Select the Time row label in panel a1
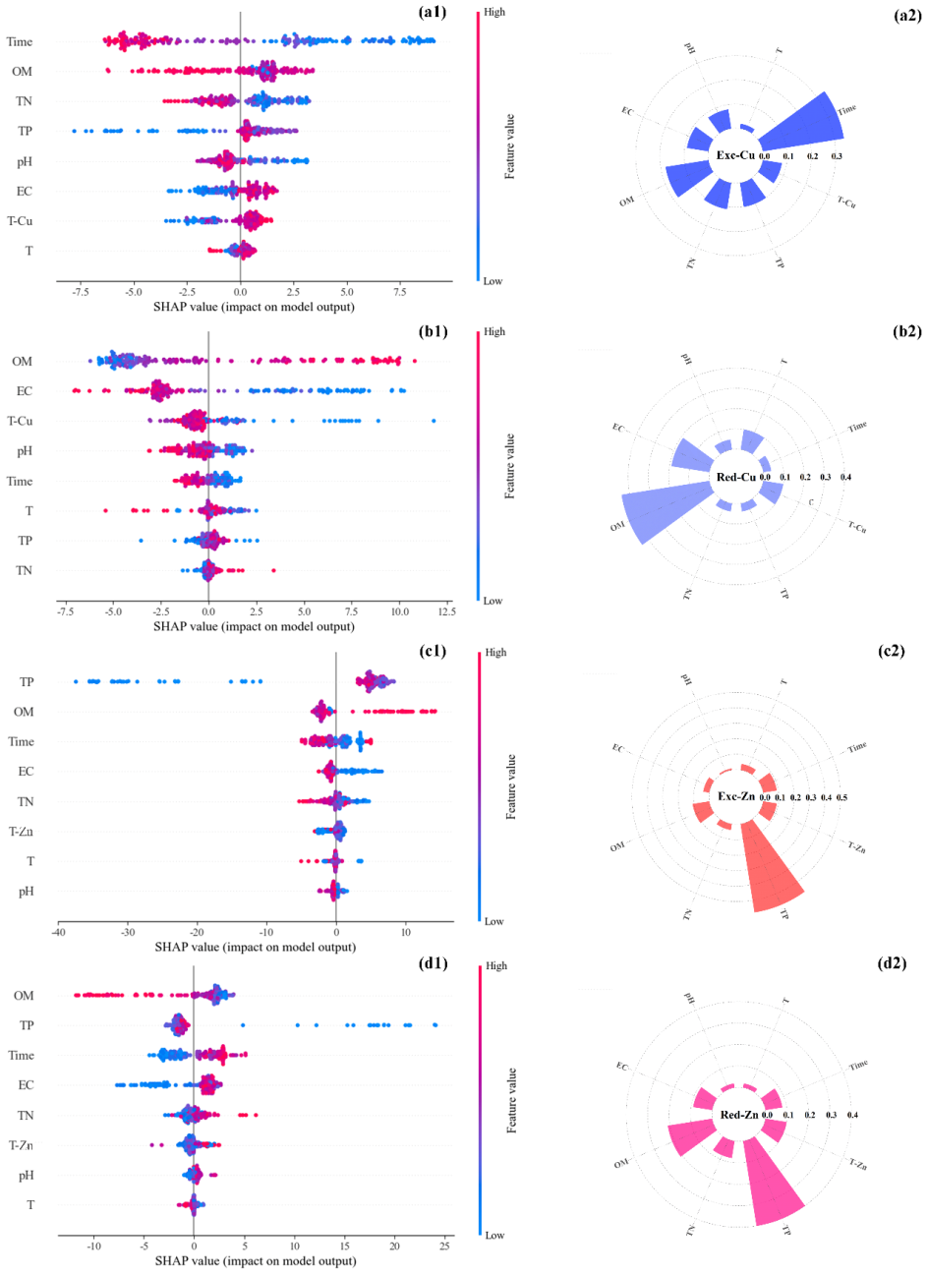(x=20, y=41)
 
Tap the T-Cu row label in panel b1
(x=20, y=421)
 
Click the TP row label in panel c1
(x=27, y=681)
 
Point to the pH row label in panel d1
(x=27, y=1175)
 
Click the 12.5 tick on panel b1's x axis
(x=446, y=611)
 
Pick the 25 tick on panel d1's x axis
(x=445, y=1246)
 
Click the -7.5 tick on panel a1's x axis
(x=81, y=292)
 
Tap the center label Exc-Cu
(x=735, y=155)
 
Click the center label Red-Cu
(x=736, y=478)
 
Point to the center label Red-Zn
(x=738, y=1115)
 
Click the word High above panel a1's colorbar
(x=494, y=13)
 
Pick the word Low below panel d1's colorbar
(x=494, y=1236)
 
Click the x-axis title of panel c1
(x=255, y=948)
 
